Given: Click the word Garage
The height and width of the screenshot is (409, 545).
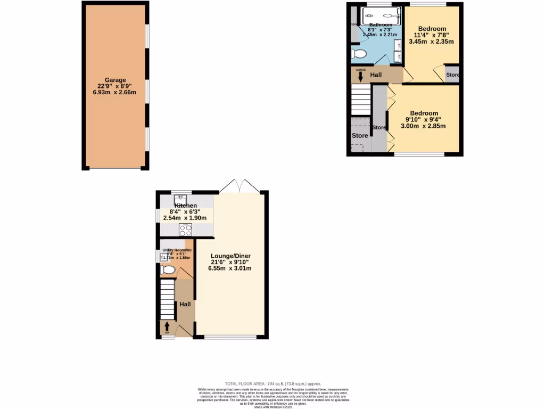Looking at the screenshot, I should click(115, 80).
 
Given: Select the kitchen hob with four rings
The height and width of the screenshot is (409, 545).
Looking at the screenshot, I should click(186, 230).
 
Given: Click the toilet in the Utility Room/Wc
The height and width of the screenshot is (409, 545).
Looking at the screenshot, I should click(168, 271).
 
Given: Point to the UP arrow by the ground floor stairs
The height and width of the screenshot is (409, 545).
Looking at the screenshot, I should click(167, 326).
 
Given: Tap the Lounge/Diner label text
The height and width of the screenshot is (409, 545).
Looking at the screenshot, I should click(230, 256).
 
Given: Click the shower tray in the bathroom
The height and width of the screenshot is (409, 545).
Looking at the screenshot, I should click(381, 15).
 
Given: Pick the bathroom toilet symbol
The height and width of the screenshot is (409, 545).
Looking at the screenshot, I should click(359, 54).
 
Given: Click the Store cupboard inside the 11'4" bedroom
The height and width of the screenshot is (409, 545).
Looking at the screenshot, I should click(452, 75).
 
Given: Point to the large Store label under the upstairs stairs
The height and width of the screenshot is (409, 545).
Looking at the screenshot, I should click(360, 136).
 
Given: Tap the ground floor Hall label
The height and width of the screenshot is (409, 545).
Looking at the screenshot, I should click(185, 304).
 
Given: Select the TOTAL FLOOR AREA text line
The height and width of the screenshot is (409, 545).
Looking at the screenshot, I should click(272, 383).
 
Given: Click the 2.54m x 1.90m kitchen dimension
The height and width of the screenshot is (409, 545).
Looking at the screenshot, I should click(185, 218).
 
